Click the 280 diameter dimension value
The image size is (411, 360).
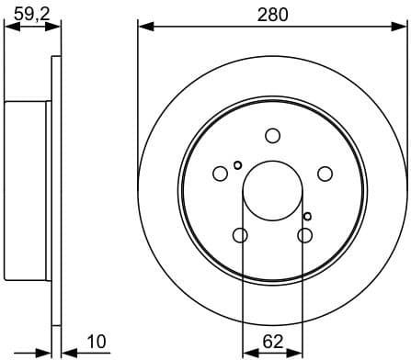click(x=272, y=14)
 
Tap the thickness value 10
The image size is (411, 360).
click(x=96, y=342)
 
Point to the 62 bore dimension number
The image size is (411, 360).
click(x=272, y=342)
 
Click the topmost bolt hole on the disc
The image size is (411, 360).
click(x=272, y=136)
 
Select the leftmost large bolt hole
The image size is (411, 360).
click(x=220, y=174)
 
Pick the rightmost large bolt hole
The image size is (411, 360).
click(x=325, y=174)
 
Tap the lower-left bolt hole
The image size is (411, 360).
click(x=240, y=236)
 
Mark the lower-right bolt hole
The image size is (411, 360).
click(x=304, y=236)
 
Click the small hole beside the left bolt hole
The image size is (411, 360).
click(x=238, y=165)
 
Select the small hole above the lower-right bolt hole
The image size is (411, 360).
click(x=308, y=216)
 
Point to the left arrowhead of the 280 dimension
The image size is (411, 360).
click(x=144, y=27)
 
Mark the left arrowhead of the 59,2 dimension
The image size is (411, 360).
click(x=10, y=27)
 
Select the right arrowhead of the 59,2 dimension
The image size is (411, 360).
click(x=56, y=27)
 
